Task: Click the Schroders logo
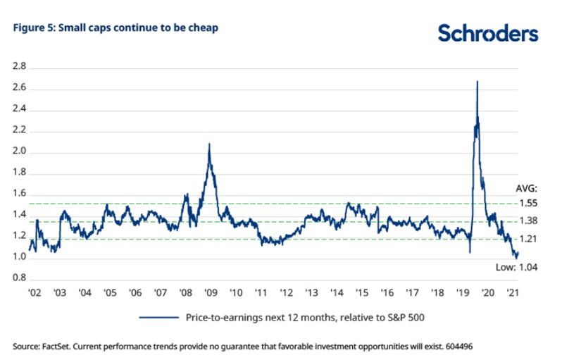coord(487,32)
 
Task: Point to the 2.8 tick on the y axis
coord(19,67)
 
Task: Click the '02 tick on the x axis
coord(33,292)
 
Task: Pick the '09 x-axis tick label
coord(210,292)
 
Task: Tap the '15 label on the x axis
coord(361,292)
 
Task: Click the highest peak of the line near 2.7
coord(477,82)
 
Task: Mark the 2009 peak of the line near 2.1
coord(209,144)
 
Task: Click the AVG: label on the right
coord(526,189)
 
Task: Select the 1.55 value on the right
coord(528,203)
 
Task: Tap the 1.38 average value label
coord(528,221)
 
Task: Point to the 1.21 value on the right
coord(528,239)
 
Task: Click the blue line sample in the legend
coord(158,318)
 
